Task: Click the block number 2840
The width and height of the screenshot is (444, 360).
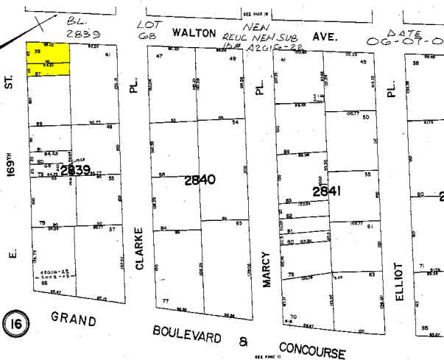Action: pos(200,178)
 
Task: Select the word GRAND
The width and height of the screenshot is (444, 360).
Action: pos(74,320)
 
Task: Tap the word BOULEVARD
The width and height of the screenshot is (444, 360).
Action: pos(187,334)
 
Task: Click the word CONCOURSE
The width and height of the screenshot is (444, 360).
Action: pos(312,348)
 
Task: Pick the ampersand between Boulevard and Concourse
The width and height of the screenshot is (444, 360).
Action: pos(244,340)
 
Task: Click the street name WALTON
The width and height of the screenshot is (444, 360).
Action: pos(194,33)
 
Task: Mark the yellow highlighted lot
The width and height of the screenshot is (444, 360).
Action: pos(49,59)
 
